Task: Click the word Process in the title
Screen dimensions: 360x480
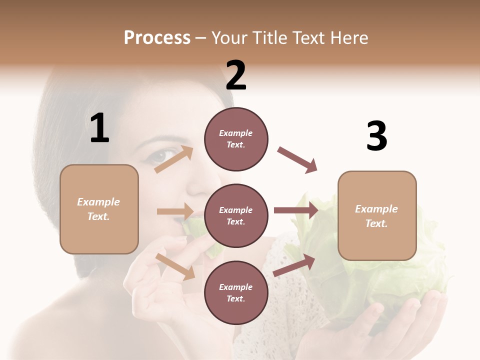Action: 157,38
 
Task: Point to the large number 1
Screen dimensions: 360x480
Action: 99,128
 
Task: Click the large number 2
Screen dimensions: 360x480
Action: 236,75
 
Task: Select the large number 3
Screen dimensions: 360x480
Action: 376,136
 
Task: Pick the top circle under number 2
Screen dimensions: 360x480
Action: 236,139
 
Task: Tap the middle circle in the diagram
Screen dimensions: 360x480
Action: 236,215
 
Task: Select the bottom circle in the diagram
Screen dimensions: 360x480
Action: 236,292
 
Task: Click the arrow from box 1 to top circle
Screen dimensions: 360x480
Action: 173,159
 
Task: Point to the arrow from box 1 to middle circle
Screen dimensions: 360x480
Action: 175,211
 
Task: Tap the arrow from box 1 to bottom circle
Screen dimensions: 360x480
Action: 175,266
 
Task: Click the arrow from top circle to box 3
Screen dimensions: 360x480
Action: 297,160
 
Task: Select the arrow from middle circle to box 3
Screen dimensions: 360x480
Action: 296,210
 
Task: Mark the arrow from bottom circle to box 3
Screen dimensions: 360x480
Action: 294,265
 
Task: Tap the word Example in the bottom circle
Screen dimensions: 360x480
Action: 236,287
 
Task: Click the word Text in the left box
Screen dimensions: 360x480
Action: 98,216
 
